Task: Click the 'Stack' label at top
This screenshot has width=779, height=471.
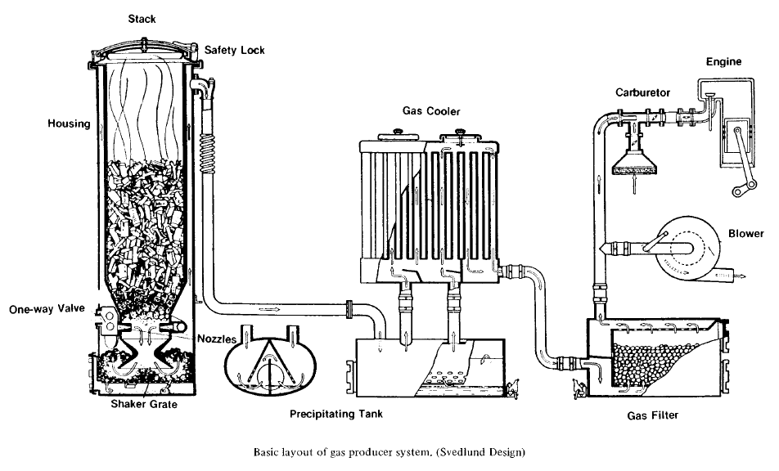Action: click(142, 18)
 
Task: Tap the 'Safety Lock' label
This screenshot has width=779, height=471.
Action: click(234, 50)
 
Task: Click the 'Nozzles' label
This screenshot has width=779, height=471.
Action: click(216, 337)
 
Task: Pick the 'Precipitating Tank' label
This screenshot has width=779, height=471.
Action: click(335, 413)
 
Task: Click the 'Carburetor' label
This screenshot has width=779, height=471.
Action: click(643, 92)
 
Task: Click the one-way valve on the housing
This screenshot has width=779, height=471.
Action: click(108, 317)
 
